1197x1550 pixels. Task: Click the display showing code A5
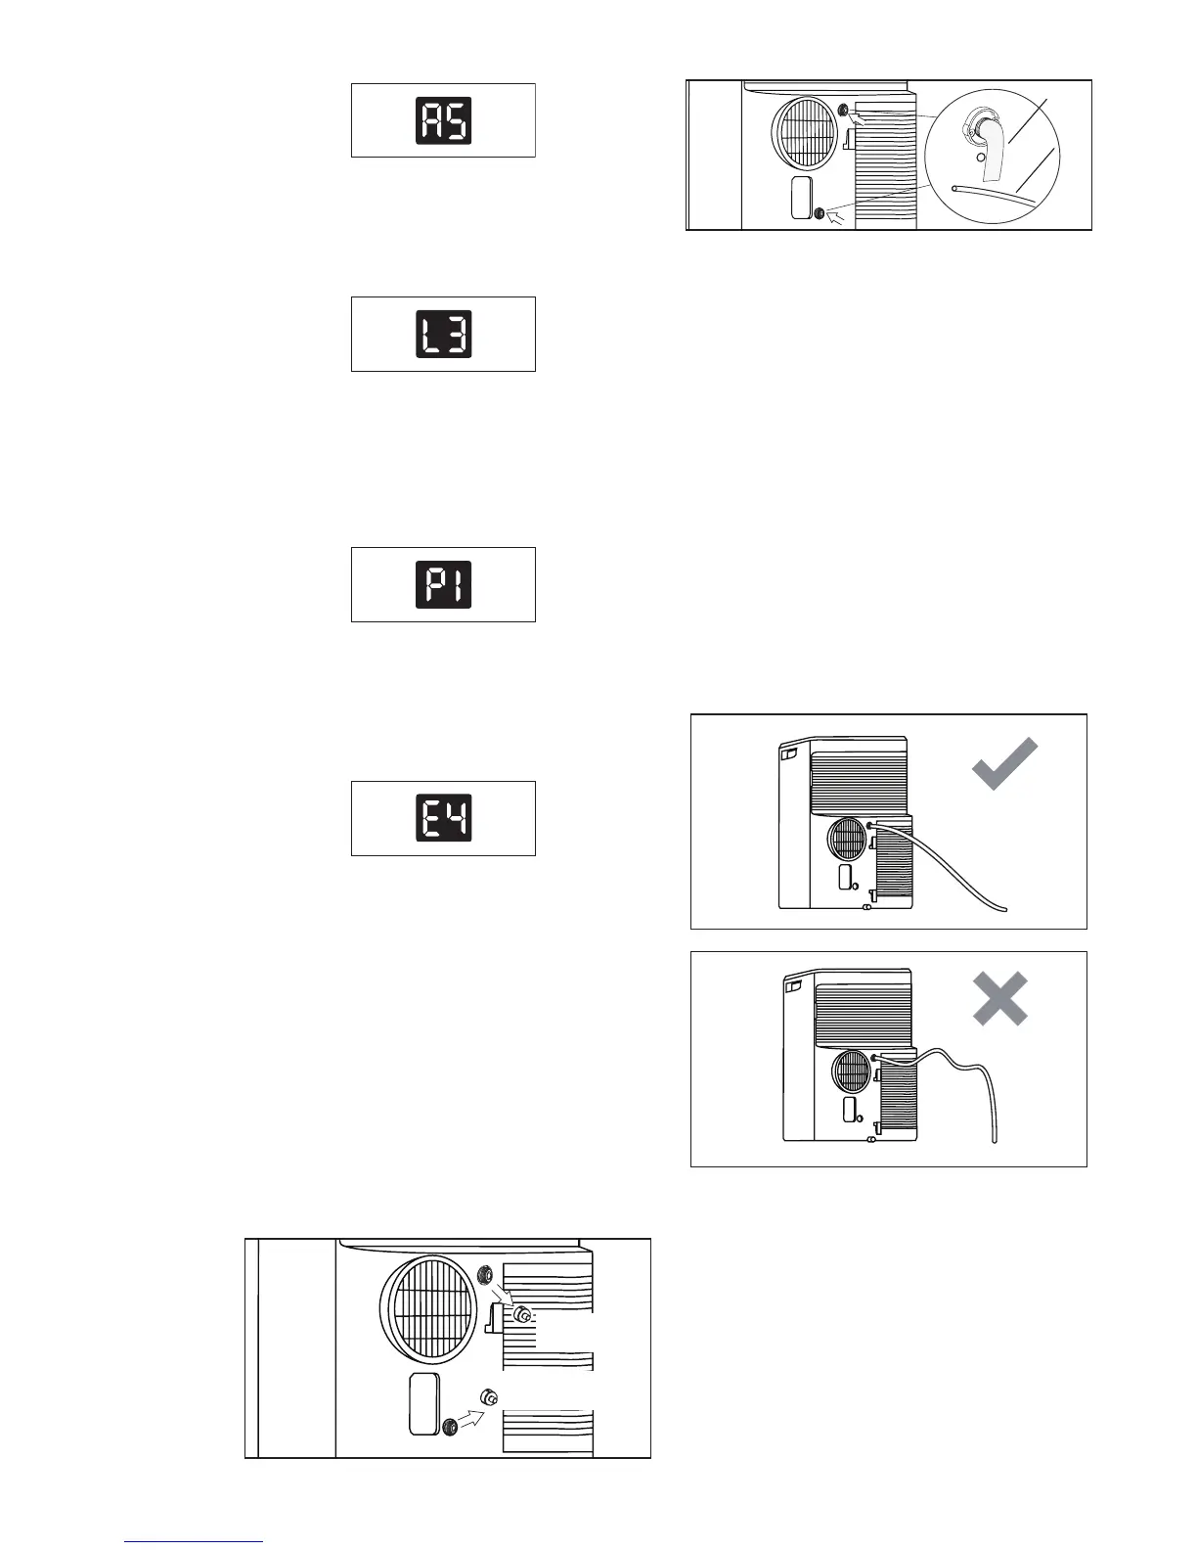(x=443, y=120)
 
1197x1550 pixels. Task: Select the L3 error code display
(x=443, y=334)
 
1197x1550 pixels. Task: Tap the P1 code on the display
(x=443, y=584)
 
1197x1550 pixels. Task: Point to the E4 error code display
(x=443, y=818)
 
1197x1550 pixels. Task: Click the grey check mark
(x=1004, y=764)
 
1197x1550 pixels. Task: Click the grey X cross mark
(x=999, y=998)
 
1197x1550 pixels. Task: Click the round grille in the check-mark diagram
(x=846, y=840)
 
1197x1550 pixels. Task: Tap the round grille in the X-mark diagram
(x=851, y=1071)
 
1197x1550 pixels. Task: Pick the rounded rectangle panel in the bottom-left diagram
(x=424, y=1404)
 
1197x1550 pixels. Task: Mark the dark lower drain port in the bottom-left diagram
(x=450, y=1428)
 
